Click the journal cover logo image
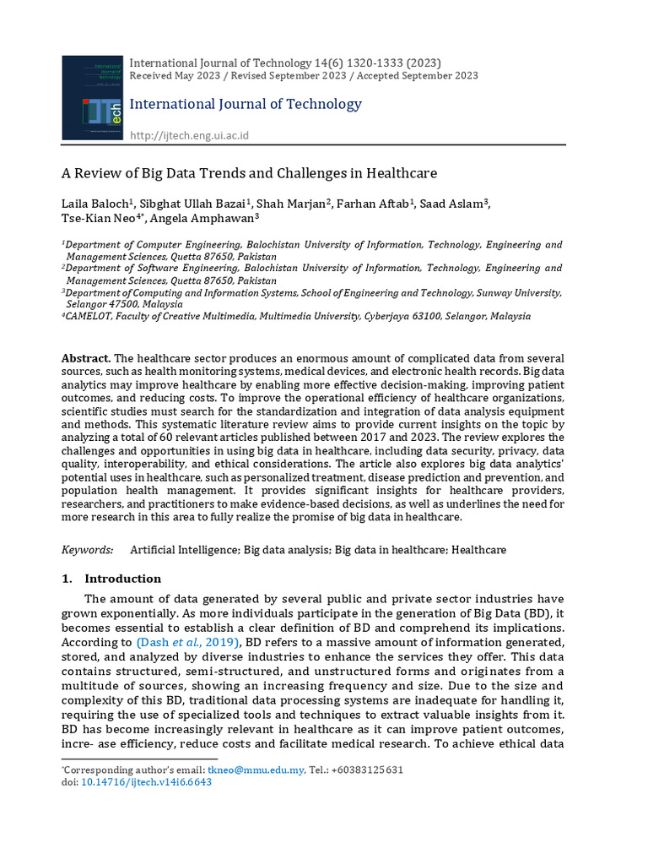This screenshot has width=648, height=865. tap(93, 97)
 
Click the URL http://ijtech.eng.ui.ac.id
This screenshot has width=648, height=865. tap(189, 135)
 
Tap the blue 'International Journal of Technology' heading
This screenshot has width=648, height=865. tap(246, 104)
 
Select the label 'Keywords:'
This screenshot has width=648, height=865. tap(88, 550)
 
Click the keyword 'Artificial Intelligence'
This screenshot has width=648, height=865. tap(185, 550)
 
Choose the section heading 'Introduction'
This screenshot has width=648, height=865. tap(123, 579)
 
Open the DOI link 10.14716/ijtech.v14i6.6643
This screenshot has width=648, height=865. tap(146, 782)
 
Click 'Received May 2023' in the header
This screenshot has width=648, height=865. tap(172, 75)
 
